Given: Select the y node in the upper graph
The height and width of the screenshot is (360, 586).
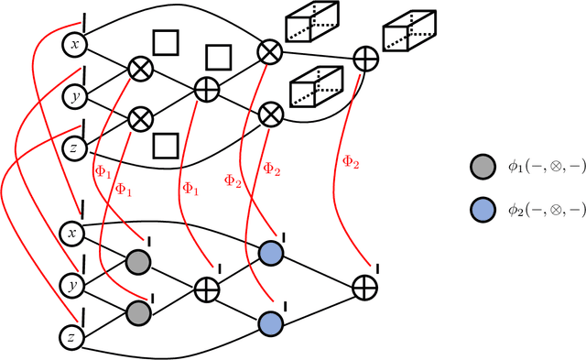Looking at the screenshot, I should coord(77,94).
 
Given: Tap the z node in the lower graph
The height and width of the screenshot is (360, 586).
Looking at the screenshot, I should coord(71,337).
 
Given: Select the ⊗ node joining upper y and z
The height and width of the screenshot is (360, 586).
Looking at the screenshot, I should coord(140,117).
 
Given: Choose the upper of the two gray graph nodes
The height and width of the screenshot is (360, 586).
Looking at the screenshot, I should coord(138,261).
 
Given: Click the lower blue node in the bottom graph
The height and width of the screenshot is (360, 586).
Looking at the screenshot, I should coord(269,322).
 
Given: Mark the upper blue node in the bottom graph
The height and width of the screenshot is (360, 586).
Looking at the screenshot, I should coord(269,253).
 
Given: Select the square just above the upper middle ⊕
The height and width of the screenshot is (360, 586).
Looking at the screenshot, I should coord(217,58).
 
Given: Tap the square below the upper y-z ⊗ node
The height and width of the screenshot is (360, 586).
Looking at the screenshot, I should coord(164,144).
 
